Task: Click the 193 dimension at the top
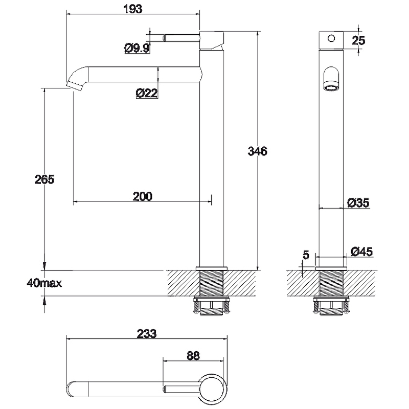(133, 9)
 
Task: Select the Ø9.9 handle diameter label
(137, 48)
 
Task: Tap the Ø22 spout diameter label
(147, 93)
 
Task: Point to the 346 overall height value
(258, 151)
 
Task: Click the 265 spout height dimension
(44, 179)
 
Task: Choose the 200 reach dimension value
(143, 196)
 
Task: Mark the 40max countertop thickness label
(44, 283)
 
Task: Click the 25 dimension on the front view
(358, 40)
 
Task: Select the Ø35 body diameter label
(358, 202)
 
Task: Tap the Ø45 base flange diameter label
(361, 252)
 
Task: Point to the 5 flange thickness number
(306, 255)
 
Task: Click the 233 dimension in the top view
(147, 334)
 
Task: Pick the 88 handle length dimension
(193, 355)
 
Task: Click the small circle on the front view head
(331, 39)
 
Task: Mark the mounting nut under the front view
(331, 306)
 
